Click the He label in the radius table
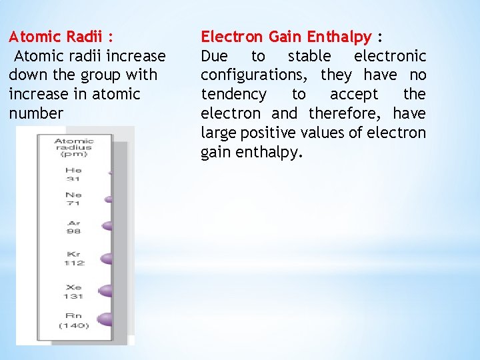(x=73, y=170)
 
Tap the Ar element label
(x=73, y=223)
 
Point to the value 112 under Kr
(x=73, y=263)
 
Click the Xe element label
(x=73, y=285)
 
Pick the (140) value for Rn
(x=73, y=325)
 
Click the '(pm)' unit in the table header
(x=73, y=154)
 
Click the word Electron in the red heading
(x=233, y=37)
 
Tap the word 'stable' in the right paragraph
(x=309, y=56)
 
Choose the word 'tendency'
(x=233, y=95)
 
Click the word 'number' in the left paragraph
(x=36, y=113)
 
